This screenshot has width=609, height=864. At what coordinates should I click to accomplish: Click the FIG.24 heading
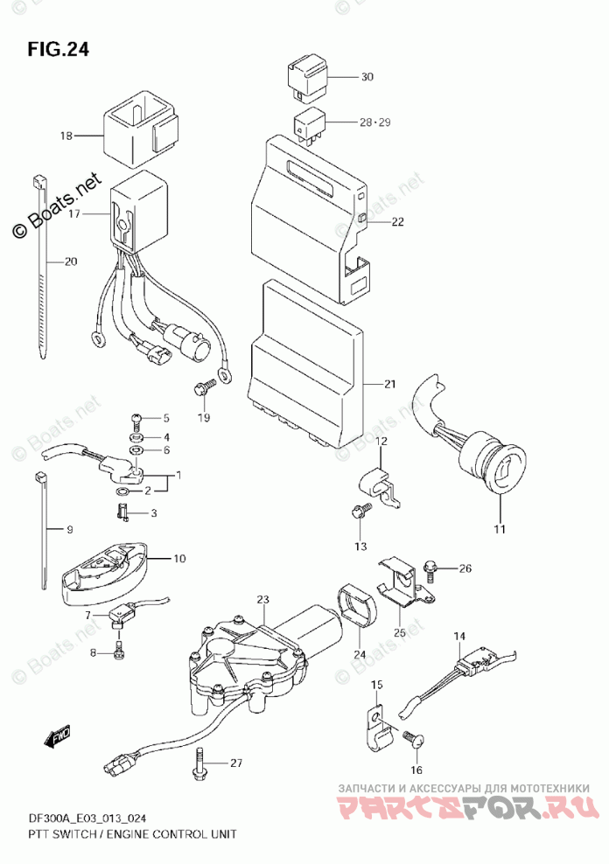(58, 50)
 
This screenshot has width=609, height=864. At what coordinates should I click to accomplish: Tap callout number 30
(367, 77)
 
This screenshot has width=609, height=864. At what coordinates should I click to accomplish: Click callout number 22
(398, 222)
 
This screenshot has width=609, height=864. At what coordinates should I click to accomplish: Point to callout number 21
(390, 384)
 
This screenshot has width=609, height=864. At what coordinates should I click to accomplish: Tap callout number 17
(73, 213)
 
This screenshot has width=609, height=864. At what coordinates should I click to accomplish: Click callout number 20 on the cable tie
(70, 261)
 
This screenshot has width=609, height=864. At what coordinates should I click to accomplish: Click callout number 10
(179, 559)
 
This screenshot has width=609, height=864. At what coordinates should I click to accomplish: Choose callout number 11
(500, 530)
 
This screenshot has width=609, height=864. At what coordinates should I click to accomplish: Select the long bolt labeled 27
(200, 763)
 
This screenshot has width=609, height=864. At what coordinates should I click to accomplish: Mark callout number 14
(459, 637)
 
